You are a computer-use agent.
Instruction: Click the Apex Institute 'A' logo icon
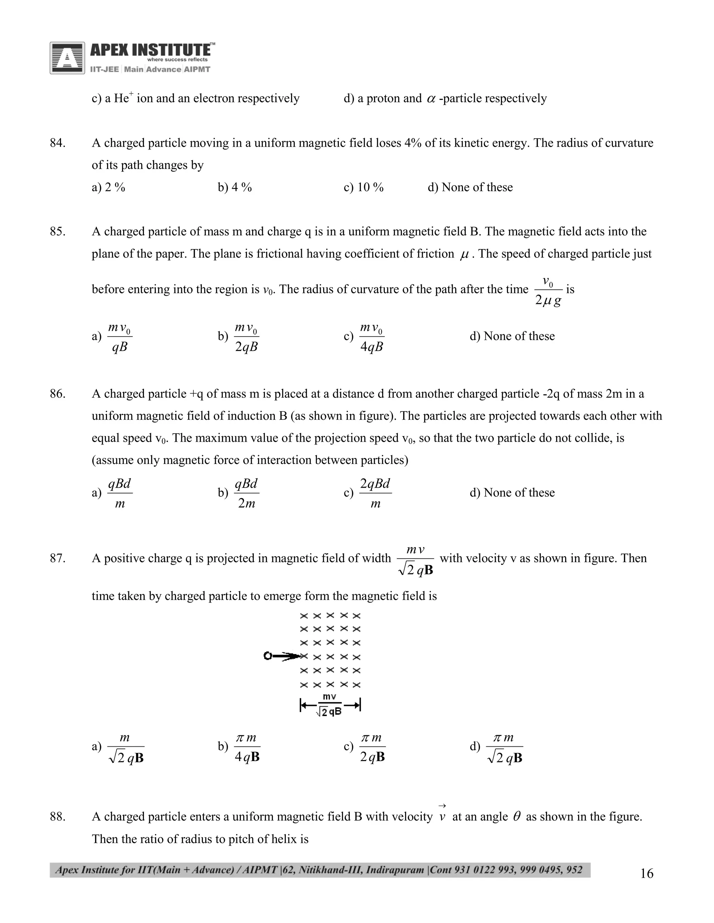[67, 58]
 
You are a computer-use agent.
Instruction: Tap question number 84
[58, 143]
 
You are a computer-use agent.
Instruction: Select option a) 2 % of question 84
[109, 187]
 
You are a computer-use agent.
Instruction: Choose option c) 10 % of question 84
[363, 187]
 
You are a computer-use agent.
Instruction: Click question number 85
[58, 232]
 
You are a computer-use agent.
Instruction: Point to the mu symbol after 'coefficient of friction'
[464, 254]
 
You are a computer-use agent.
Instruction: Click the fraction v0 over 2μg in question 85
[548, 291]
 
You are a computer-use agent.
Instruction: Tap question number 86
[58, 394]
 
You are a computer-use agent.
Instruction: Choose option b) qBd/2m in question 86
[246, 493]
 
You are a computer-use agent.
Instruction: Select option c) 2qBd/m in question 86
[374, 493]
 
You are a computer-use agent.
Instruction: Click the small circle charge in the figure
[267, 656]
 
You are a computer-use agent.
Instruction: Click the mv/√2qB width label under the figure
[329, 705]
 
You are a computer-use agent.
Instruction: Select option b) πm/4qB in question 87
[246, 747]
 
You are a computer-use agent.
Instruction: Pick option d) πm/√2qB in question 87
[504, 747]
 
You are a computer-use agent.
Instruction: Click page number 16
[646, 874]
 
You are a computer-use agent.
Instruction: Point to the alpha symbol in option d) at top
[431, 99]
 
